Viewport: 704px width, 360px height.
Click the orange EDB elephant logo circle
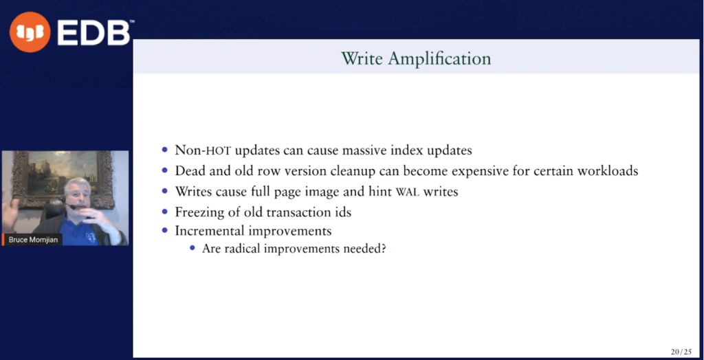[x=30, y=32]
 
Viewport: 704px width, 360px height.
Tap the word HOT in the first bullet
[x=219, y=150]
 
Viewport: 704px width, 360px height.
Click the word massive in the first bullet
[x=349, y=150]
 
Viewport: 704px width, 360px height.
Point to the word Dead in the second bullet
[x=190, y=170]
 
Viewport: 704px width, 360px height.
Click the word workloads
[x=606, y=170]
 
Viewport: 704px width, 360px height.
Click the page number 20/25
[x=681, y=352]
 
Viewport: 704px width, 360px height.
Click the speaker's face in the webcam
[x=78, y=196]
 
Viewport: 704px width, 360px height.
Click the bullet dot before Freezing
[x=164, y=211]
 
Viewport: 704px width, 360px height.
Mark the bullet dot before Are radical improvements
[x=192, y=248]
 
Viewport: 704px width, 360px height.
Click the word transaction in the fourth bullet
[x=298, y=212]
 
